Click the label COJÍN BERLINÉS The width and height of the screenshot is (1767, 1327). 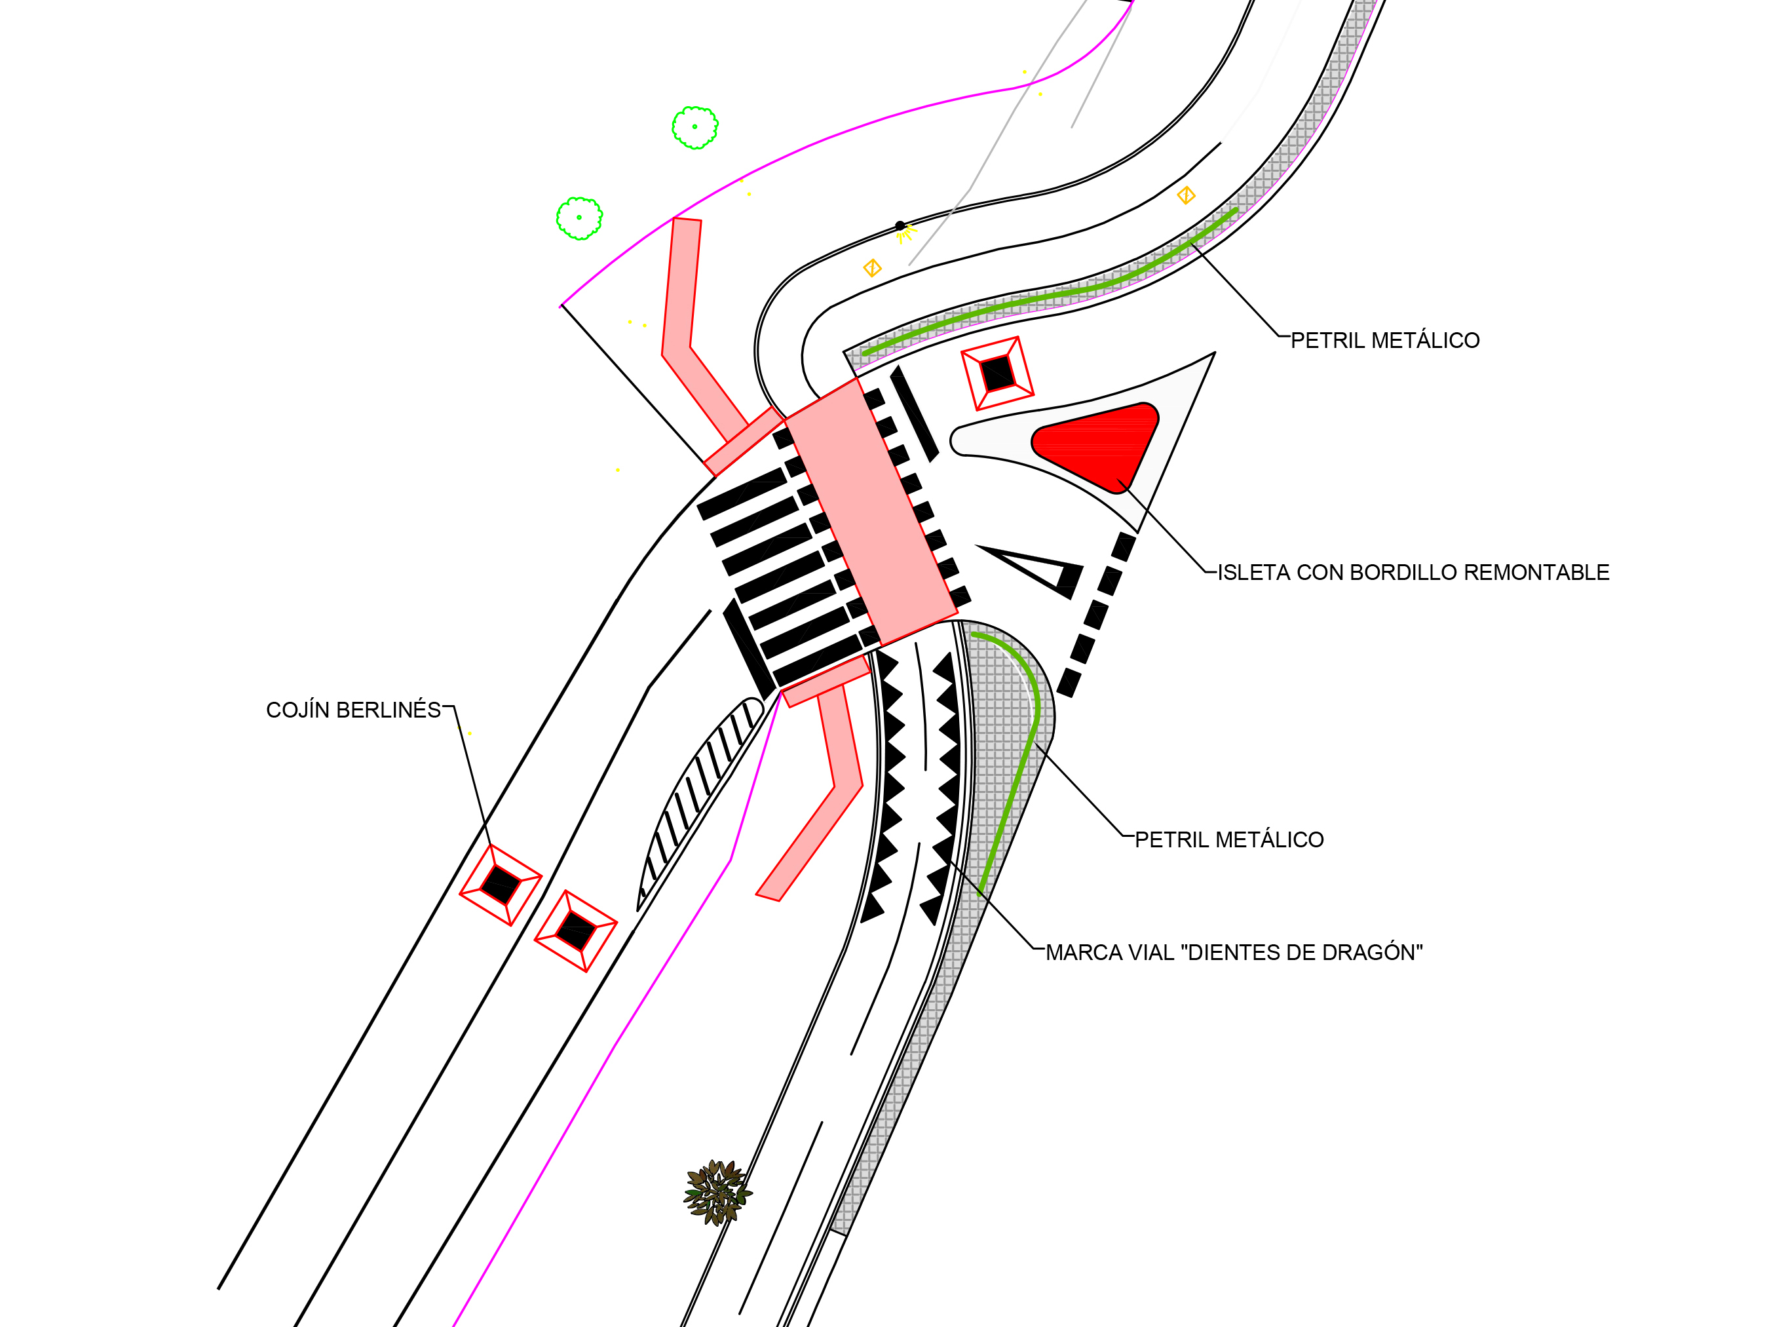point(353,710)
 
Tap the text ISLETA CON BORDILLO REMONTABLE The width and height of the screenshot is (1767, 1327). point(1413,572)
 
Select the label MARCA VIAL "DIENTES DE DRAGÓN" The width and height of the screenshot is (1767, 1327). point(1234,952)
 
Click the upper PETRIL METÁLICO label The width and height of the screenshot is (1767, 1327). point(1385,340)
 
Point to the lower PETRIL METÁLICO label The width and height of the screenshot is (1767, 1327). point(1229,839)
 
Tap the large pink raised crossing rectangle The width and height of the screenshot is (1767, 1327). point(871,511)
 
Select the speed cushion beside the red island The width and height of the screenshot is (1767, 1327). point(997,373)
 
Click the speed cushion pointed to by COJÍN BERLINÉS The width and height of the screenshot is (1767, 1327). point(501,885)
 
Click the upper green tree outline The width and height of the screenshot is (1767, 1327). point(695,128)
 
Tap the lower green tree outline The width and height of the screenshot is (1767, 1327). point(579,218)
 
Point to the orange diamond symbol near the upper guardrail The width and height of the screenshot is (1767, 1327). point(1187,195)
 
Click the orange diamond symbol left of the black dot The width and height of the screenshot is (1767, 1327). point(872,267)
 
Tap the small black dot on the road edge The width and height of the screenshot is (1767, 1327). point(900,226)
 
